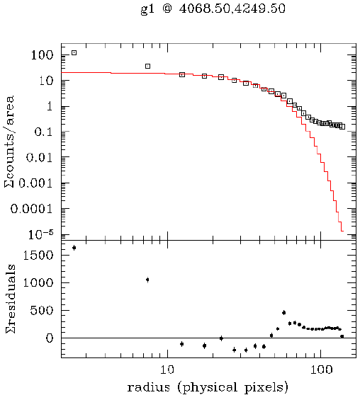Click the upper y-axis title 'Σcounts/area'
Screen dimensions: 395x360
pos(10,145)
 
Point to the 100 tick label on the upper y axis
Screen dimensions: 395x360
pos(44,55)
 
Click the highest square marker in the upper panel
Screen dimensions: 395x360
pos(74,52)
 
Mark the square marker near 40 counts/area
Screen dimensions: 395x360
pos(147,66)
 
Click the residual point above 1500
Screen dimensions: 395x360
pos(74,248)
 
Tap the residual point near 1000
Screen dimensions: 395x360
pos(147,280)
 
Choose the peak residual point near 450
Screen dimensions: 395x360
pos(283,312)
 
